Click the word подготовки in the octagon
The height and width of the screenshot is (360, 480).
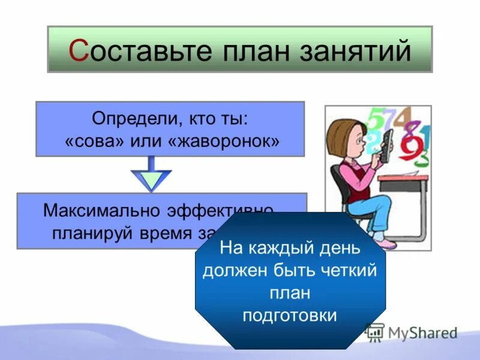pos(289,316)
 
